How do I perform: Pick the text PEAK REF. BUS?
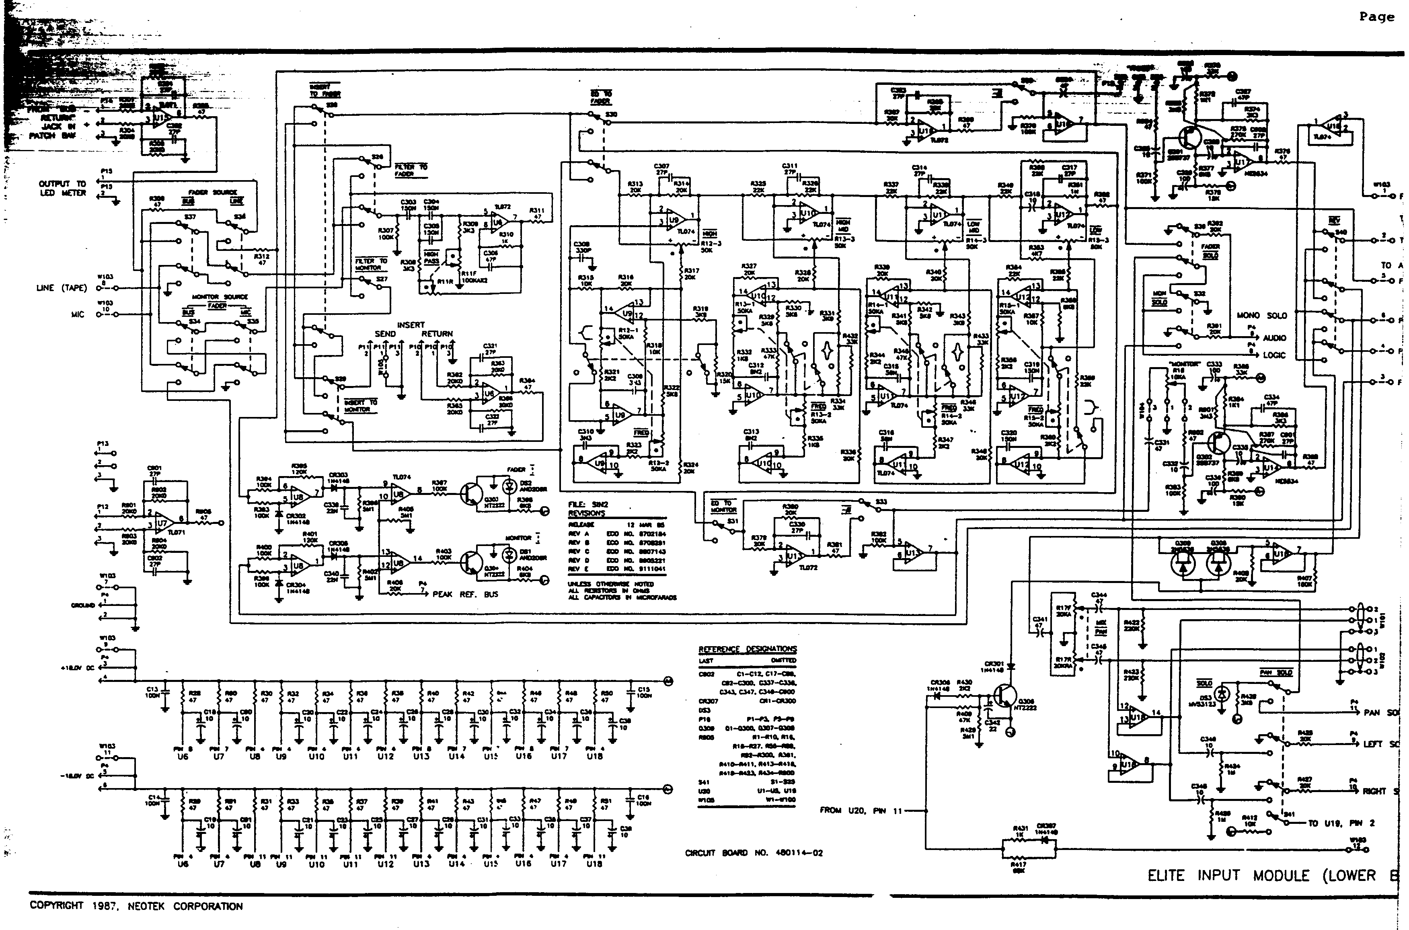[x=465, y=594]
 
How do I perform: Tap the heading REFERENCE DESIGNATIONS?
[x=747, y=649]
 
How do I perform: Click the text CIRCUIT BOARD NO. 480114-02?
[x=753, y=853]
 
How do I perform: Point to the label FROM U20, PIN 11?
[x=860, y=810]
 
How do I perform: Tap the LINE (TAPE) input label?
[x=61, y=288]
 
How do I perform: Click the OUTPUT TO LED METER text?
[x=62, y=188]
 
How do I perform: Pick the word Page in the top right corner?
[x=1376, y=17]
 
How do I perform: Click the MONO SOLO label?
[x=1262, y=316]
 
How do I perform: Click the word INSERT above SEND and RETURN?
[x=411, y=324]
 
